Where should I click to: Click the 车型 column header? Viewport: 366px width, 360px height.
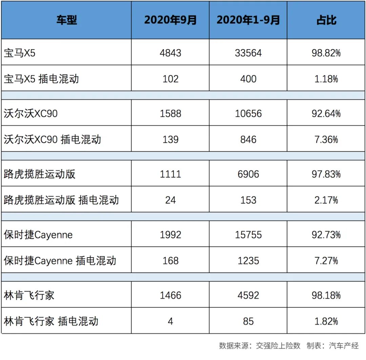[66, 20]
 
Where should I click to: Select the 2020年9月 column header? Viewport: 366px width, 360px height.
[170, 20]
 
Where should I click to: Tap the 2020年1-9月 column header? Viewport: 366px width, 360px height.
[248, 20]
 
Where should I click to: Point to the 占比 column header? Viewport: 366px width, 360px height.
[326, 20]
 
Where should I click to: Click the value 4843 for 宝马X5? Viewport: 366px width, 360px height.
[170, 53]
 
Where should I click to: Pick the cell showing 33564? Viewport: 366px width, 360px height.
[248, 53]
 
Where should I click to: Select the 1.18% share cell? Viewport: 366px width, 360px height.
[326, 79]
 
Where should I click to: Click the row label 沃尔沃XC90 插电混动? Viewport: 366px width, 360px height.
[53, 139]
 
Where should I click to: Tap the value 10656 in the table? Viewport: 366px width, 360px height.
[248, 113]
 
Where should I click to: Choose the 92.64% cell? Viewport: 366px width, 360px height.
[326, 113]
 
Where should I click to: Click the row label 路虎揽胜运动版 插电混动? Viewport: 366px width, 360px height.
[61, 200]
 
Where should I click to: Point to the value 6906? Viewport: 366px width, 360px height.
[248, 174]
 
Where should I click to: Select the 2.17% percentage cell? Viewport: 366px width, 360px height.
[326, 200]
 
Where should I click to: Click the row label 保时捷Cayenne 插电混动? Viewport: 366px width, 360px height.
[60, 260]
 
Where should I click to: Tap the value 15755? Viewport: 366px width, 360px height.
[248, 234]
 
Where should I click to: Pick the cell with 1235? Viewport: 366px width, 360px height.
[248, 260]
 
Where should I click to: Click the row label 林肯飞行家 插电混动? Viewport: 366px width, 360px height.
[51, 321]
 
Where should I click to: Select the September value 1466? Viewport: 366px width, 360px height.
[170, 295]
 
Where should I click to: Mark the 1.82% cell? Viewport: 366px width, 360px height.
[326, 321]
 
